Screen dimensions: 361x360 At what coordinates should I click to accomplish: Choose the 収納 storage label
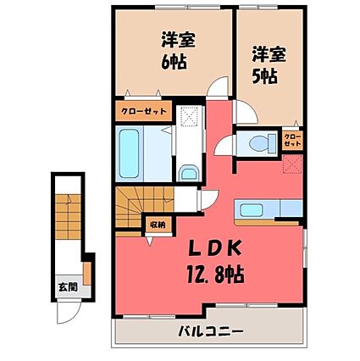(157, 225)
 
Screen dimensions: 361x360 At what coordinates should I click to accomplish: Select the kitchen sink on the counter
(252, 209)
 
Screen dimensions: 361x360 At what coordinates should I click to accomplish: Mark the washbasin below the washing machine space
(188, 173)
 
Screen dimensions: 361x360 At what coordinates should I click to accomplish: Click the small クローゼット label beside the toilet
(291, 140)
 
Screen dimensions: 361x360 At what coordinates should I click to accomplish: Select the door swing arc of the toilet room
(228, 144)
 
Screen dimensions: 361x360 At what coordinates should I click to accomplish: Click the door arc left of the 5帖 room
(245, 111)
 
